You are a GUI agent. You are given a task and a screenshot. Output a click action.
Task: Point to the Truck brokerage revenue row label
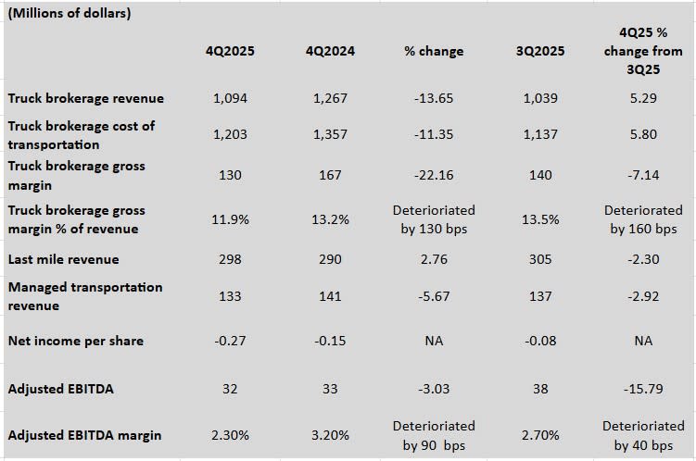click(86, 98)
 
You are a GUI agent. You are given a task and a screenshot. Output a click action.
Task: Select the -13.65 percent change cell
click(434, 98)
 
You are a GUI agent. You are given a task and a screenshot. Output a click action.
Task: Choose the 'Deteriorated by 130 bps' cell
click(434, 220)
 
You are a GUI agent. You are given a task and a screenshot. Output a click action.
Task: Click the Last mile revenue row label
click(64, 259)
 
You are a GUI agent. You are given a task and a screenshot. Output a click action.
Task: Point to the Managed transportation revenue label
click(85, 296)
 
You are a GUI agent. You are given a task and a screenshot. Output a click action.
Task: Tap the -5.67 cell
click(434, 296)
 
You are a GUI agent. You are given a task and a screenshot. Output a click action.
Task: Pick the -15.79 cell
click(643, 389)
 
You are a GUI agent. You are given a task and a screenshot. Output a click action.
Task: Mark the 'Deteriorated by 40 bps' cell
click(643, 435)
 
